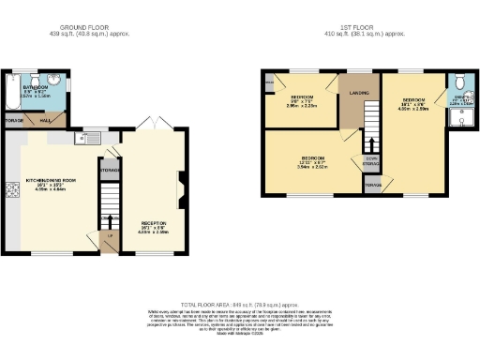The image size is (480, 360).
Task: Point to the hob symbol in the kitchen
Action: (12, 191)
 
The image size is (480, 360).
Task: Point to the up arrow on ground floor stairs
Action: (109, 223)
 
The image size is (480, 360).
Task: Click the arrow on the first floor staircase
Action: (370, 144)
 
